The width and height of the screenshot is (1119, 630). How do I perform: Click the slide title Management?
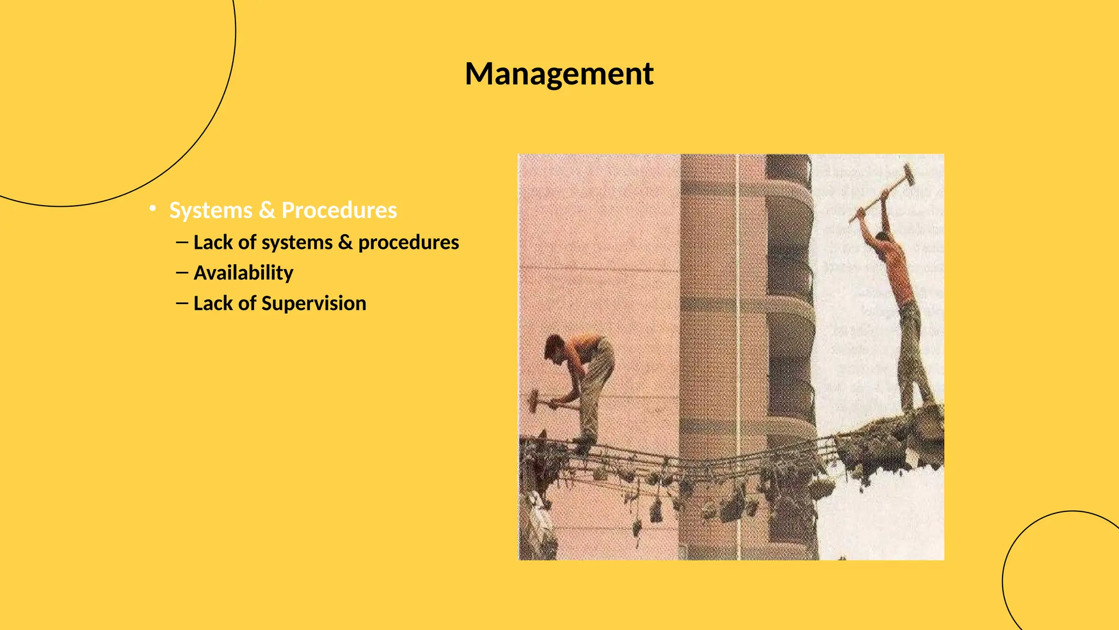pyautogui.click(x=559, y=74)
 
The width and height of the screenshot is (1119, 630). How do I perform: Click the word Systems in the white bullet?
pyautogui.click(x=211, y=211)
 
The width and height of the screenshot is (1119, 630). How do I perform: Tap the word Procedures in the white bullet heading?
pyautogui.click(x=339, y=211)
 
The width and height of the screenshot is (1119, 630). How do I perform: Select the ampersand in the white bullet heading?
pyautogui.click(x=267, y=211)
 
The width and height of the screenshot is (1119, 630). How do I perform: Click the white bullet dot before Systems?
pyautogui.click(x=154, y=208)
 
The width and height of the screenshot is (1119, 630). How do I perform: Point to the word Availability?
pyautogui.click(x=244, y=273)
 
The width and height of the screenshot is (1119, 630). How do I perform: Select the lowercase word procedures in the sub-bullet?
pyautogui.click(x=409, y=243)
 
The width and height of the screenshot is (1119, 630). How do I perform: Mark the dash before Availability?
pyautogui.click(x=182, y=272)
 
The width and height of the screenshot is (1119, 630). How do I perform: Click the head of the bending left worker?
pyautogui.click(x=554, y=347)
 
